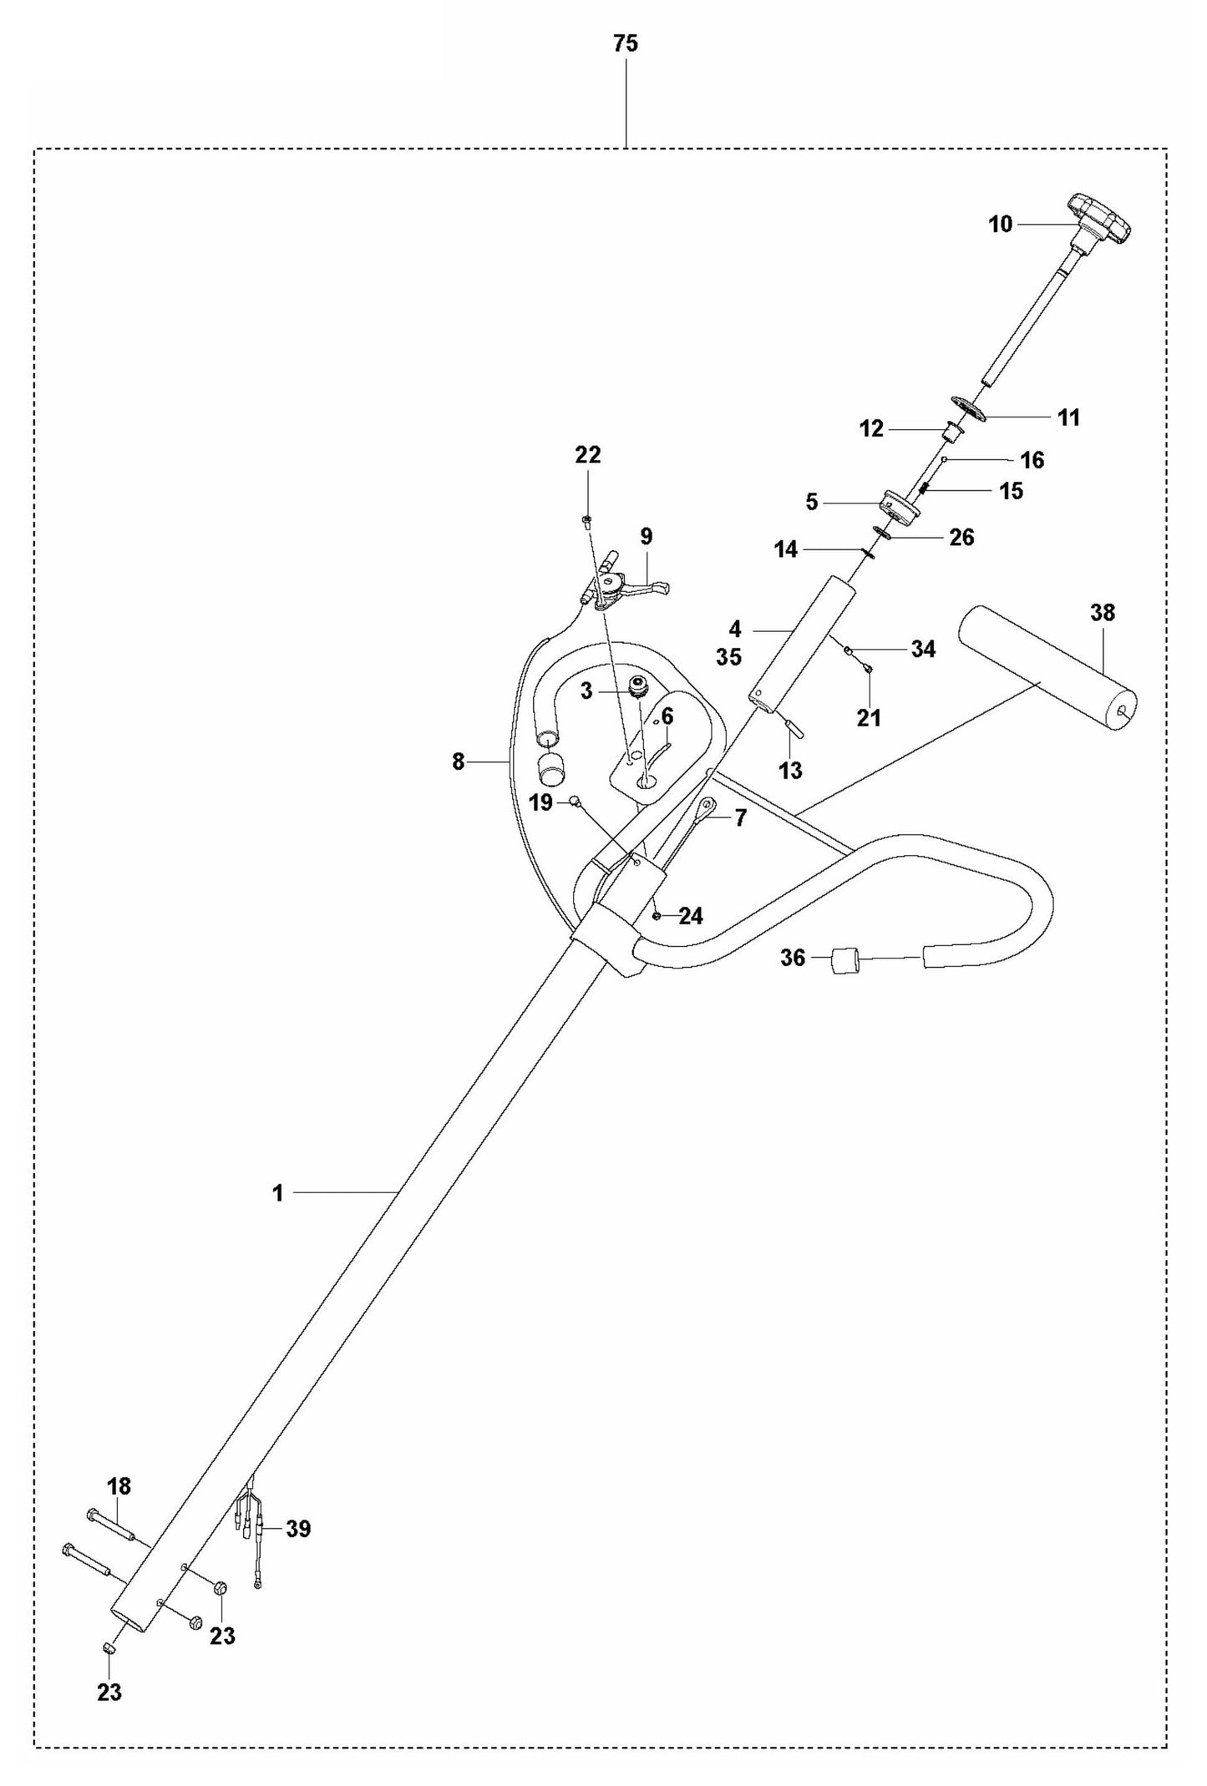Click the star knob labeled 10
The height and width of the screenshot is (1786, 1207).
tap(1098, 220)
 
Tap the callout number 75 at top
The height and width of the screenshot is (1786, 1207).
tap(626, 44)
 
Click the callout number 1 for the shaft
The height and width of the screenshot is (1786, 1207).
tap(278, 1193)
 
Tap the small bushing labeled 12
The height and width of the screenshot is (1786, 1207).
tap(952, 433)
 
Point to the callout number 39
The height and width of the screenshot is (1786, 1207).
tap(298, 1529)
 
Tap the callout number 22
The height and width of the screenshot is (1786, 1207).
tap(588, 455)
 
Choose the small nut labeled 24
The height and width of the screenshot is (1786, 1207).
tap(658, 916)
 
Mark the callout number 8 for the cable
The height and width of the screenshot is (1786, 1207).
tap(458, 761)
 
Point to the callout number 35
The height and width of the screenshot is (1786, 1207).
tap(728, 657)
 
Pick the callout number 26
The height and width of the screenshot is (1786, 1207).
tap(962, 537)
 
